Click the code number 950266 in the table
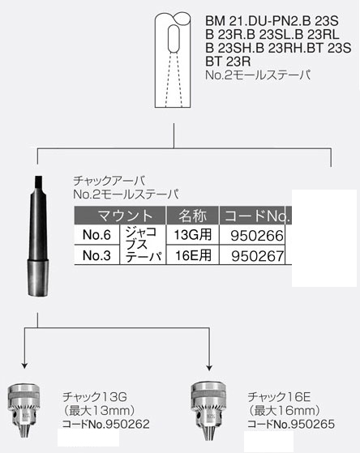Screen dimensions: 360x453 tap(257, 236)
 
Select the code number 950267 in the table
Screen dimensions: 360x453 tap(257, 256)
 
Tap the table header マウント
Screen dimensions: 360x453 tap(125, 216)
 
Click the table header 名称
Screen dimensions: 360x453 tap(193, 216)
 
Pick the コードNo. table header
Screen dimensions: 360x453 tap(257, 216)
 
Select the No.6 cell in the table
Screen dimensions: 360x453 tap(96, 235)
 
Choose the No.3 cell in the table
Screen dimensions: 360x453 tap(96, 255)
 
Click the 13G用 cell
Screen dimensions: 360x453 tap(193, 234)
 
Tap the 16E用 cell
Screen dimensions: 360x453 tap(193, 255)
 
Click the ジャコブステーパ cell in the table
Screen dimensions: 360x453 tap(143, 245)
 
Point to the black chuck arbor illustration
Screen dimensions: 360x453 tap(38, 236)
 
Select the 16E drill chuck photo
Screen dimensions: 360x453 tap(208, 411)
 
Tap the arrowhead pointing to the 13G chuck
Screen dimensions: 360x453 tap(24, 365)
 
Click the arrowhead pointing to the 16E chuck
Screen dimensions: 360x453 tap(209, 367)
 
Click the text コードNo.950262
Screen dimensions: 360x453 tap(106, 424)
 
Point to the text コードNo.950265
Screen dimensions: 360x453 tap(291, 424)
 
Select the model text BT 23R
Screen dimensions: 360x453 tap(228, 62)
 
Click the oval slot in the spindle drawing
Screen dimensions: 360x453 tap(174, 39)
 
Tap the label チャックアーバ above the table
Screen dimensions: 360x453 tap(109, 181)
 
